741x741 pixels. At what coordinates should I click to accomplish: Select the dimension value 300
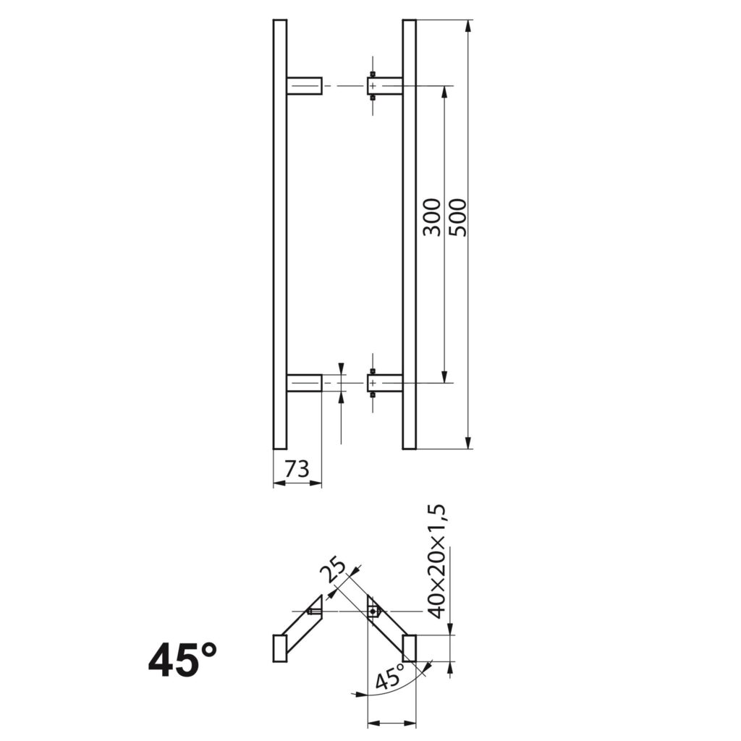pos(432,216)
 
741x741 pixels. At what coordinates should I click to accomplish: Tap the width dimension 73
pos(297,470)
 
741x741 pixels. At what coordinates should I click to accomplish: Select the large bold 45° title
pos(182,660)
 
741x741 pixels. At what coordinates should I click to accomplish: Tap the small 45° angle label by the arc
pos(391,679)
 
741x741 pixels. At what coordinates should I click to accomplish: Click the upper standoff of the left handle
pos(304,85)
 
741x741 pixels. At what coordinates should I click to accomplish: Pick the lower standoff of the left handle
pos(304,383)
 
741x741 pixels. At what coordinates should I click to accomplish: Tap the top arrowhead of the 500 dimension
pos(469,26)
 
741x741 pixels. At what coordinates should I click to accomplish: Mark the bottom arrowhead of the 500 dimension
pos(469,442)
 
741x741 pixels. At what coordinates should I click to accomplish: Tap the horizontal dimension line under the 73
pos(297,483)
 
